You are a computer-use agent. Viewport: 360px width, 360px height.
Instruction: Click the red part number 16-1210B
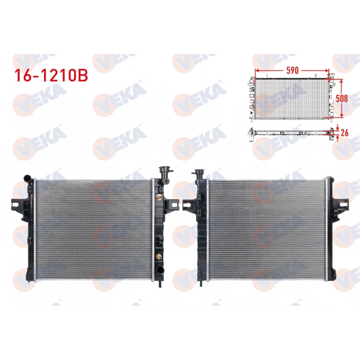[51, 76]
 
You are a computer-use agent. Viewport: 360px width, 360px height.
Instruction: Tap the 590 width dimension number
[292, 70]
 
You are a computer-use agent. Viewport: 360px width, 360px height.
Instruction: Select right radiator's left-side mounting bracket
[188, 205]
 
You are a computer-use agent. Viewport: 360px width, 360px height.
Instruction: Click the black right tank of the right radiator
[331, 228]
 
